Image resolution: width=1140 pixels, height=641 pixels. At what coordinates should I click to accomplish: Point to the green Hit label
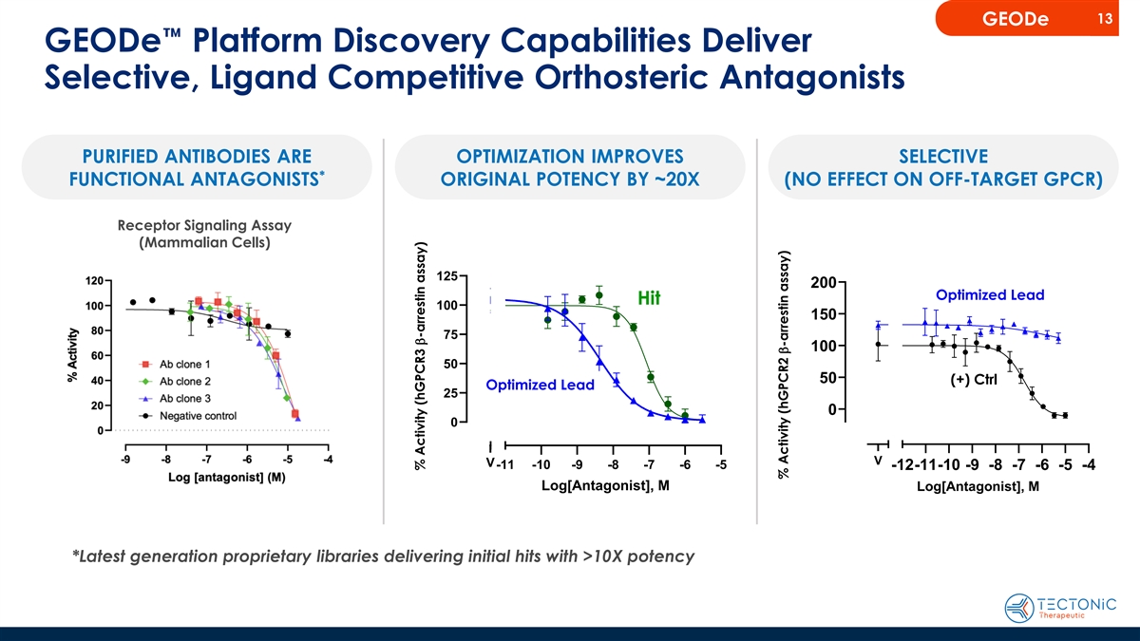point(649,298)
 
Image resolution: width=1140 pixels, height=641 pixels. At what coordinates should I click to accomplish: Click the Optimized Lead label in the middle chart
point(540,385)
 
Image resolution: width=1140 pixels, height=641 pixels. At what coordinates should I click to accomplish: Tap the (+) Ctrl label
point(972,381)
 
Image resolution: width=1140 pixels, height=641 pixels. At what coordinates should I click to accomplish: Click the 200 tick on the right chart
point(824,283)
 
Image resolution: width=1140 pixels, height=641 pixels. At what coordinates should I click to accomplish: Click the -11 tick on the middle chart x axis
point(504,465)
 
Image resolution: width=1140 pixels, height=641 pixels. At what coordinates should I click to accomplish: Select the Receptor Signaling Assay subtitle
point(204,225)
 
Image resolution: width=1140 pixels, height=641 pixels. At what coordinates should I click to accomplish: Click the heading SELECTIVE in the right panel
point(944,156)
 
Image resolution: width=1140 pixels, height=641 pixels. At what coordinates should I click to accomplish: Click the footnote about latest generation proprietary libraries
point(383,556)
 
